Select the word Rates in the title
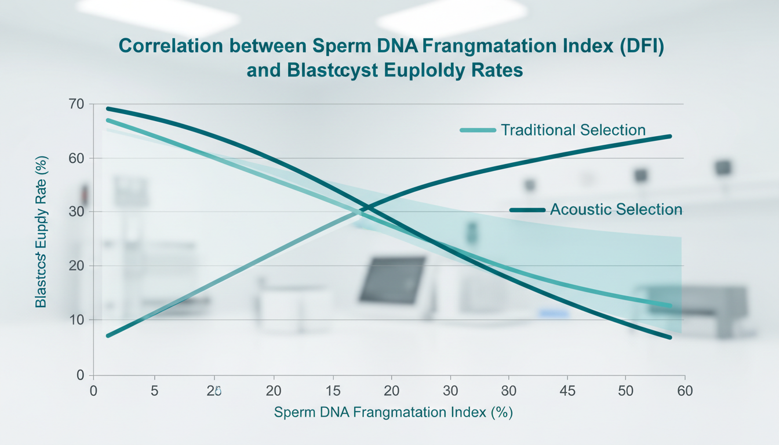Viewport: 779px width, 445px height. tap(495, 70)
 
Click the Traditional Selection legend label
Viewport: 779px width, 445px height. tap(573, 130)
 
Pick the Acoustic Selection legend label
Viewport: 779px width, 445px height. tap(616, 209)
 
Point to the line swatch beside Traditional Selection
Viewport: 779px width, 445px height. tap(478, 130)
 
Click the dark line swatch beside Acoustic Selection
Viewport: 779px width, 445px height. tap(527, 209)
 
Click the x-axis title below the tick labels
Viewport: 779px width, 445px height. tap(394, 413)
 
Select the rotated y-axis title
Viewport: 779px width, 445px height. tap(41, 232)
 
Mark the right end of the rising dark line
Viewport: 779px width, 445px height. tap(670, 137)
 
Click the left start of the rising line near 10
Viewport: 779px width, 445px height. tap(108, 335)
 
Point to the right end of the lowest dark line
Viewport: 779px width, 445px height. tap(670, 337)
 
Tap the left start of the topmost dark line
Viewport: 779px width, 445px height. tap(108, 108)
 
